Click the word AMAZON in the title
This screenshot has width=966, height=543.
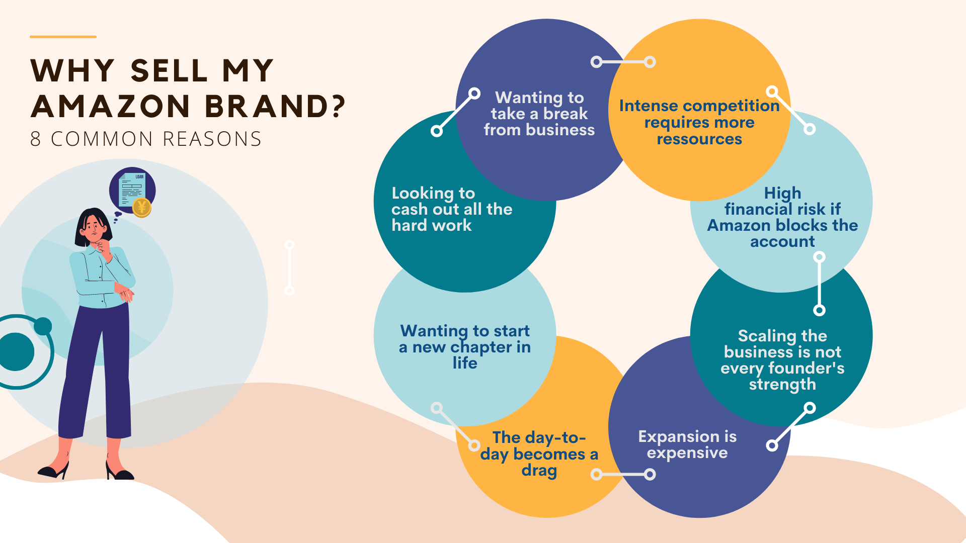coord(111,106)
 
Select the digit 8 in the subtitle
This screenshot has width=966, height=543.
coord(35,139)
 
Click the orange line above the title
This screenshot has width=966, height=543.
coord(63,37)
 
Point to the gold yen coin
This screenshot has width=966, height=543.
coord(142,207)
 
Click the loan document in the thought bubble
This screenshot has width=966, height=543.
coord(132,190)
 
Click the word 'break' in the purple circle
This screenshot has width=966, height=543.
coord(566,114)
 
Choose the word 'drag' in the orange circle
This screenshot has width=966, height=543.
coord(539,471)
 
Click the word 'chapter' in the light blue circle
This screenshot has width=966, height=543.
coord(481,347)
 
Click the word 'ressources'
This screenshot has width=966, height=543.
coord(699,139)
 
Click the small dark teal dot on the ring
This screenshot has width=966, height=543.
coord(43,326)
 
